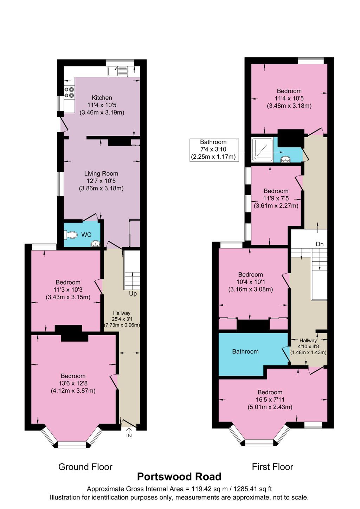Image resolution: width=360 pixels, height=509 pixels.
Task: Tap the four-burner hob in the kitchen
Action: coord(69,92)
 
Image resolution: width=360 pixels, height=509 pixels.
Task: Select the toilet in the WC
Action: coord(71,235)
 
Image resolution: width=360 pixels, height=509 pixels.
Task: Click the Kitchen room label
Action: coord(102,98)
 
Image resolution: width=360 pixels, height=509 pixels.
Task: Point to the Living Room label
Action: coord(101,173)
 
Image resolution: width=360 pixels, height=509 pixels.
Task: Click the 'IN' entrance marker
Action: coord(129,435)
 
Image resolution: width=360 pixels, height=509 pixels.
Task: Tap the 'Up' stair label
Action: coord(133,293)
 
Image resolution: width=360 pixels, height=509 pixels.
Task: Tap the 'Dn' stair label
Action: coord(320,244)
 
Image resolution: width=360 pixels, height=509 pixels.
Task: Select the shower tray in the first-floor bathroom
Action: coord(262,149)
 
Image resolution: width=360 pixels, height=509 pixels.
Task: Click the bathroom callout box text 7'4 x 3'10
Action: coord(213,149)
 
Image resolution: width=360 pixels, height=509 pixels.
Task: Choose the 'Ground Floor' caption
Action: coord(85,467)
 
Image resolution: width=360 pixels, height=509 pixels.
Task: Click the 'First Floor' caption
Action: coord(272,467)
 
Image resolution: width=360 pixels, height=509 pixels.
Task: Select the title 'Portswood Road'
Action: coord(179,477)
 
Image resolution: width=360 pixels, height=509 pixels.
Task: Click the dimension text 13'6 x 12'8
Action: coord(73,383)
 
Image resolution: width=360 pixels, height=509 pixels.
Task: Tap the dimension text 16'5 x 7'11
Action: coord(270,400)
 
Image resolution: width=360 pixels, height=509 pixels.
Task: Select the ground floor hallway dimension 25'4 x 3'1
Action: coord(122,319)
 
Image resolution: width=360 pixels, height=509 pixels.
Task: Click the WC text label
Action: coord(86,235)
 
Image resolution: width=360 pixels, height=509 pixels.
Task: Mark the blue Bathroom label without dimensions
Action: coord(245,351)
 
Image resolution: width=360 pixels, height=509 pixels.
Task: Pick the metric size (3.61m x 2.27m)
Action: coord(276,206)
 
